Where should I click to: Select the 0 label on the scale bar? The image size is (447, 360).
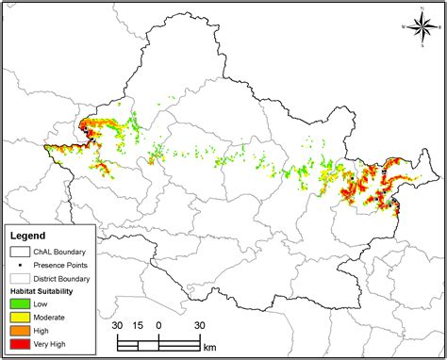[158, 325]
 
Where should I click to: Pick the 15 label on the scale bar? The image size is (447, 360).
[139, 325]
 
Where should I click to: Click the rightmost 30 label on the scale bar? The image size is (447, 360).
[200, 325]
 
